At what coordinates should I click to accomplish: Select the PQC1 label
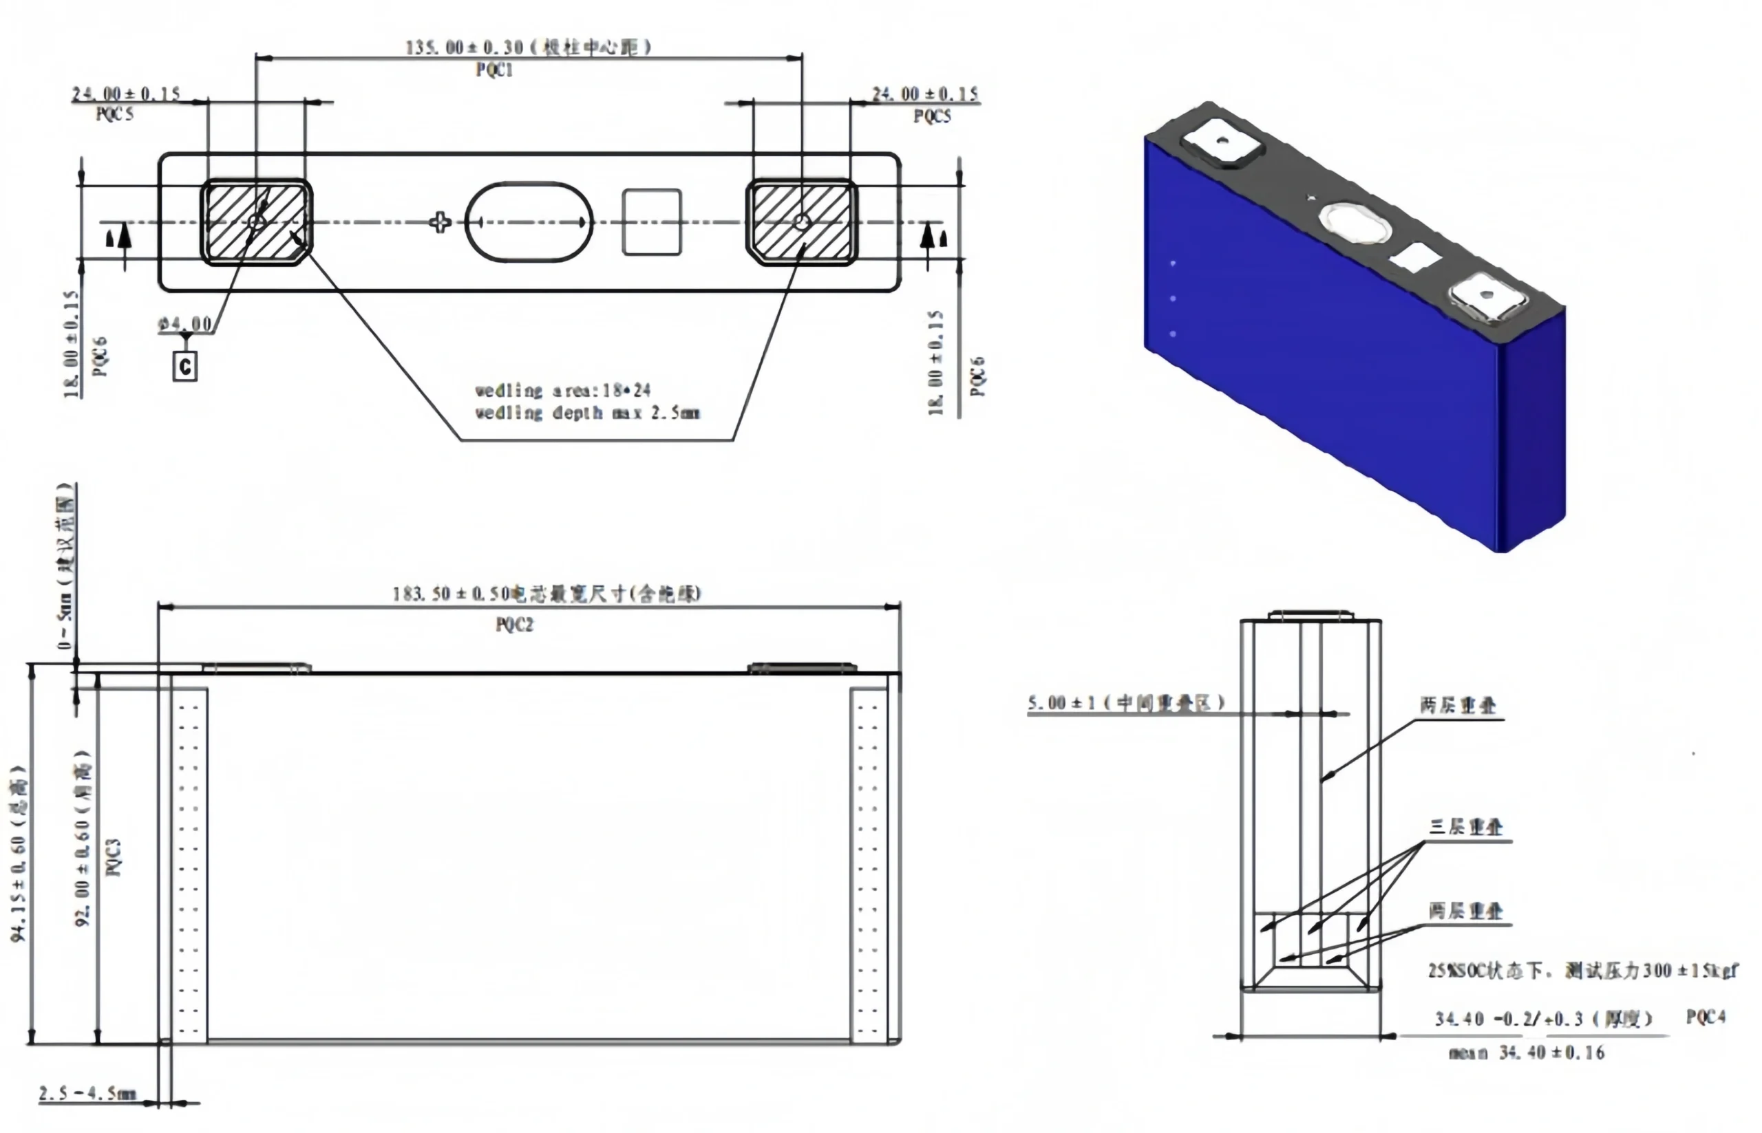tap(494, 70)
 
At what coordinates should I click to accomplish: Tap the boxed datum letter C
tap(184, 366)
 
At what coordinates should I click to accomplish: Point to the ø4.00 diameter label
tap(185, 324)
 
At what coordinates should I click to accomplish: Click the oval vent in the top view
tap(529, 222)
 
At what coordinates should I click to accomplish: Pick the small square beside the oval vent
tap(651, 222)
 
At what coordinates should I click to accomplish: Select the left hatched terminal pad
tap(256, 222)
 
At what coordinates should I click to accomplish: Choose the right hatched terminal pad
tap(802, 222)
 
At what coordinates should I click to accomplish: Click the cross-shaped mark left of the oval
tap(440, 222)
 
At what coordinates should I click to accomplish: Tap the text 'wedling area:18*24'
tap(562, 390)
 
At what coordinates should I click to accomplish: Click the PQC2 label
tap(513, 625)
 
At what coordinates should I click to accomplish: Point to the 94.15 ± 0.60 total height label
tap(19, 854)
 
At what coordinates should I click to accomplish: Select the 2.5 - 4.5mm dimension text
tap(87, 1093)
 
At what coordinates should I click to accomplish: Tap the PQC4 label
tap(1706, 1017)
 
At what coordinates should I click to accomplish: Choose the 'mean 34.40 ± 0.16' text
tap(1527, 1053)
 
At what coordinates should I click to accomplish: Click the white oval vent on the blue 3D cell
tap(1355, 222)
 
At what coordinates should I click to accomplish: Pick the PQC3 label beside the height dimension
tap(114, 857)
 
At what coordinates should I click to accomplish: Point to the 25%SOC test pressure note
tap(1582, 971)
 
